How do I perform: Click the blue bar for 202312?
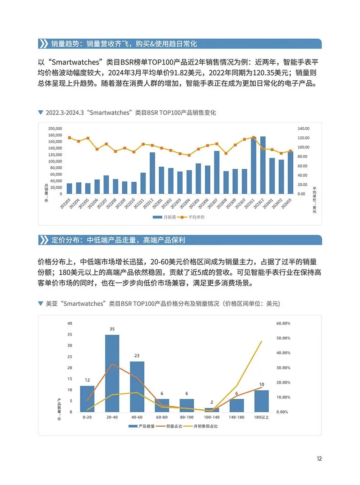263,165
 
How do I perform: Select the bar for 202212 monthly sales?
152,173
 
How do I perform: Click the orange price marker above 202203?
69,138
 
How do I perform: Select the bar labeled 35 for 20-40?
112,373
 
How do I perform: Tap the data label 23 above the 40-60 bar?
137,355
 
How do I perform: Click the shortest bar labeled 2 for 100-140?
211,410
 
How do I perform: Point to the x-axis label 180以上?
261,417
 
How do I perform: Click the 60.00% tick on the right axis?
283,323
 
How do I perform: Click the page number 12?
319,458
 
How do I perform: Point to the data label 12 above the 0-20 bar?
87,380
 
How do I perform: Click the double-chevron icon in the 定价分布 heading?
44,240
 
